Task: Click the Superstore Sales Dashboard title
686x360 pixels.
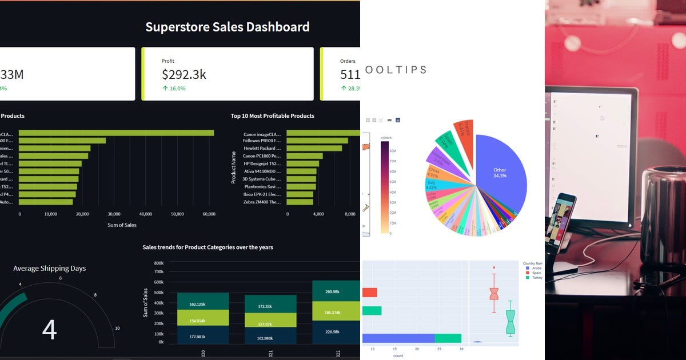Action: click(227, 27)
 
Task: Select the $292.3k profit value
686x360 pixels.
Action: click(184, 74)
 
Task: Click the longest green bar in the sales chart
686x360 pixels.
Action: click(116, 133)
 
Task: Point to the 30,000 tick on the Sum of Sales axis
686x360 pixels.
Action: click(114, 214)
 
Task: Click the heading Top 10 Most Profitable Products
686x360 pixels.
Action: click(272, 116)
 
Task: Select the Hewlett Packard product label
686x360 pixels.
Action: click(262, 148)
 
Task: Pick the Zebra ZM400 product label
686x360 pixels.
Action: click(262, 202)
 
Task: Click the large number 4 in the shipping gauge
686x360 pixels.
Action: click(50, 330)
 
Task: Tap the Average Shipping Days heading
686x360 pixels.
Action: click(50, 268)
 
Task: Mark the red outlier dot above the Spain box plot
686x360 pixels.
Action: click(494, 267)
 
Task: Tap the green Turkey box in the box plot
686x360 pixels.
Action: click(510, 322)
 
